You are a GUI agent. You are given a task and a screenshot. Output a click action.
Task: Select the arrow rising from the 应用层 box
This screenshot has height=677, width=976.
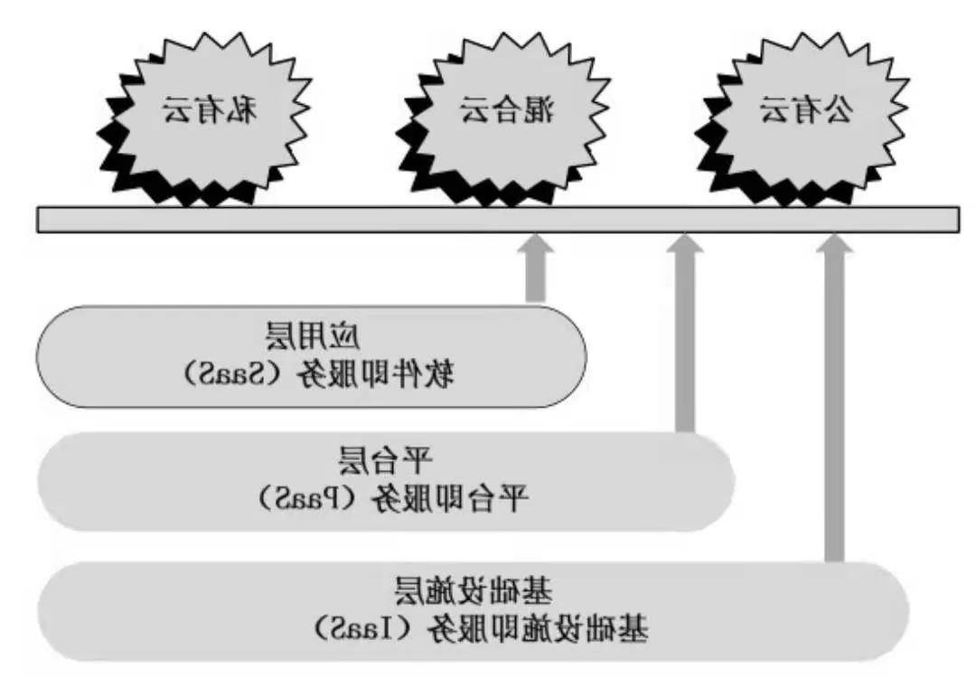[536, 271]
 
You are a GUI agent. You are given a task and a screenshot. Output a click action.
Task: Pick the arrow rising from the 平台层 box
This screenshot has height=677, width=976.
[686, 334]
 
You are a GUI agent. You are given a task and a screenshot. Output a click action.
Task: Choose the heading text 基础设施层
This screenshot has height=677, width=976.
[474, 590]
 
